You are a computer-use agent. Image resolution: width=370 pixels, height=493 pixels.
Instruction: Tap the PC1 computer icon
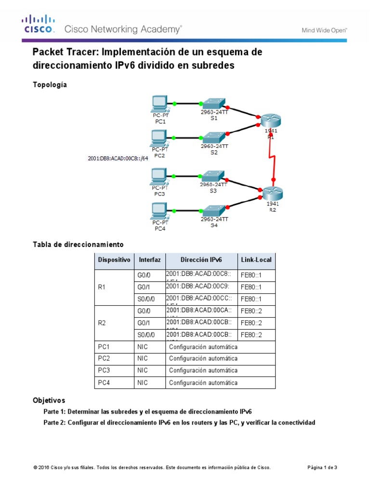coord(159,103)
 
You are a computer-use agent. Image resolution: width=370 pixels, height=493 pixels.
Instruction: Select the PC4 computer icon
coord(159,210)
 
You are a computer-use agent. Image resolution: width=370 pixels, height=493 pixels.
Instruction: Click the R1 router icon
coord(270,120)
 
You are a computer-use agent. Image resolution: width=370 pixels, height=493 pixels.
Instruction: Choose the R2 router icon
coord(273,193)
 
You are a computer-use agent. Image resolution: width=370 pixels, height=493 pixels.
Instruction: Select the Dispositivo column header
coord(114,260)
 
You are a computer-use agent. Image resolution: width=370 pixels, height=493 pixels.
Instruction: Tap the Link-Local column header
coord(256,260)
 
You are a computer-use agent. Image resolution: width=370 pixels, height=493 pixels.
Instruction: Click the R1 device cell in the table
coord(102,287)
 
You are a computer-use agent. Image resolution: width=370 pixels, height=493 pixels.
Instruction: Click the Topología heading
coord(50,85)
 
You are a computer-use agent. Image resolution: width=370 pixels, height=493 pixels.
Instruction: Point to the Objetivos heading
coord(49,400)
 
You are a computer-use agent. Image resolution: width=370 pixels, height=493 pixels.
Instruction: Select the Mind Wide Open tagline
coord(324,30)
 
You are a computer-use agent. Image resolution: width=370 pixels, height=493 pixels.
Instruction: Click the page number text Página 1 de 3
coord(322,467)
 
